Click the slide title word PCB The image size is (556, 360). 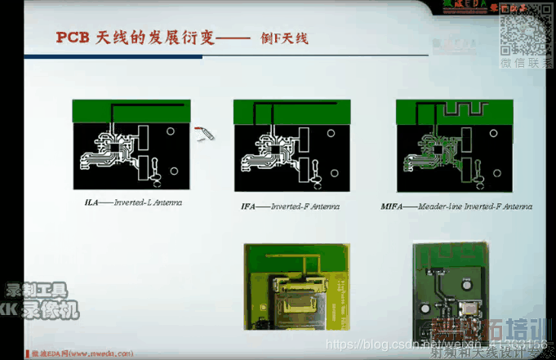72,37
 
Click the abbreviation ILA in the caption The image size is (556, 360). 93,201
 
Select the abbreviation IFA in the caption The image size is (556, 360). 250,207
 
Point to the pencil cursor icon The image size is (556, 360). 204,133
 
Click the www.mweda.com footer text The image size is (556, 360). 82,353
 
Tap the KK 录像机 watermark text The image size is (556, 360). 40,311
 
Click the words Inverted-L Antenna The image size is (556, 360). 148,201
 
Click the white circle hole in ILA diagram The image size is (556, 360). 171,131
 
